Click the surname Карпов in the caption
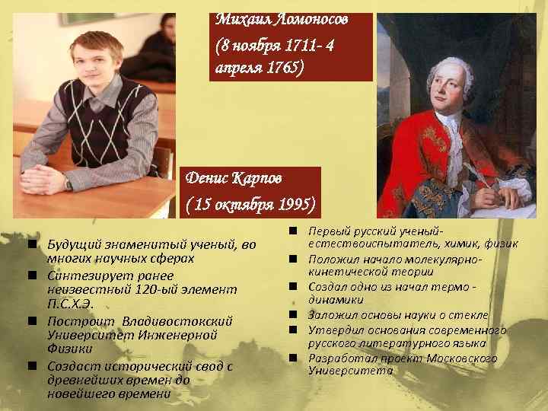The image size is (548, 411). [x=254, y=178]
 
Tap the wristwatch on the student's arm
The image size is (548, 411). [x=69, y=183]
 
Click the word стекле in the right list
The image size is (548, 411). [x=467, y=314]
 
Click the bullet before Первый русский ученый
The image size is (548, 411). [x=292, y=231]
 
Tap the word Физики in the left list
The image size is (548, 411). [x=68, y=348]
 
